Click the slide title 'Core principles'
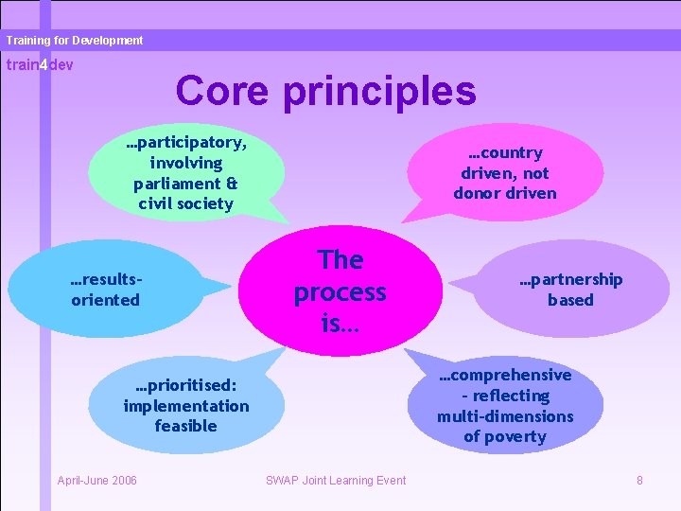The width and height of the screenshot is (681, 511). click(325, 91)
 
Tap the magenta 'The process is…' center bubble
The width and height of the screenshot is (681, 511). click(339, 291)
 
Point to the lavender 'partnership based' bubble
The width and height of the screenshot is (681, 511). click(570, 290)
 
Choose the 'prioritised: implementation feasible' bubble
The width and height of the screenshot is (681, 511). click(185, 406)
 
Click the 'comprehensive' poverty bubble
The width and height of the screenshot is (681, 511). click(505, 406)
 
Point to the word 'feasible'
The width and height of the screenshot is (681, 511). click(185, 426)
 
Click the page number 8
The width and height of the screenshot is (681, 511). click(639, 481)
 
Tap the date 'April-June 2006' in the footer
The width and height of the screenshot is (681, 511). click(97, 481)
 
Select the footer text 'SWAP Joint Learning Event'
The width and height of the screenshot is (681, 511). click(336, 481)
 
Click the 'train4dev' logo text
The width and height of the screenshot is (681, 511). click(40, 64)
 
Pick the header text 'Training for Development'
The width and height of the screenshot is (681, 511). click(74, 41)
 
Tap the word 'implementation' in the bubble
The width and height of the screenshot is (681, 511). click(185, 406)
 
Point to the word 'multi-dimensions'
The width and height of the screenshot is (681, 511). click(505, 416)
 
